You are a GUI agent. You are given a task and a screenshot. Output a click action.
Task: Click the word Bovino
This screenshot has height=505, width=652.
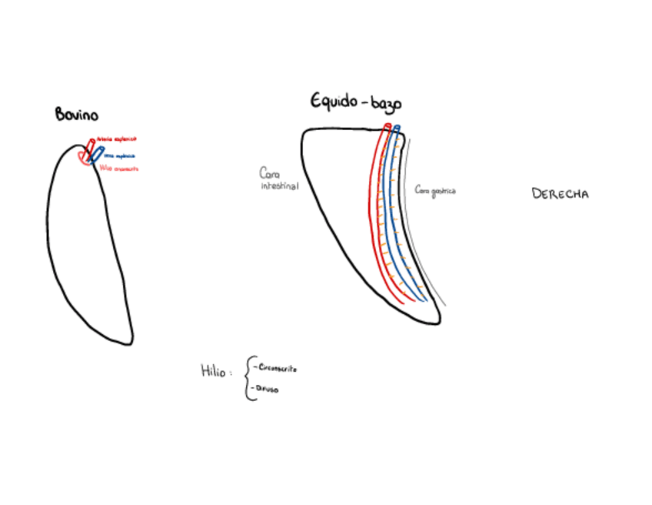[76, 115]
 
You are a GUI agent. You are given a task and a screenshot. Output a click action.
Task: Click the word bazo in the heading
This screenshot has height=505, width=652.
[386, 104]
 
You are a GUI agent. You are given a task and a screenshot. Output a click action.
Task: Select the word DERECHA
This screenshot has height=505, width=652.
[560, 193]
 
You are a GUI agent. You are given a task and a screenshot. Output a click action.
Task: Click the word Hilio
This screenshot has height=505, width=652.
[213, 371]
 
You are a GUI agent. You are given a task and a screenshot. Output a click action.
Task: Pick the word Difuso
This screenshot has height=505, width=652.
[268, 390]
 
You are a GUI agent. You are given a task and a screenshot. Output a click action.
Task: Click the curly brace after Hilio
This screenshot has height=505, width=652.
[248, 378]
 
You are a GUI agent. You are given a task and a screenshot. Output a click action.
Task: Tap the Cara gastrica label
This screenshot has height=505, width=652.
[434, 189]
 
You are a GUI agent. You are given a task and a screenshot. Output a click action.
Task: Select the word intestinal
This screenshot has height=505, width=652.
[279, 186]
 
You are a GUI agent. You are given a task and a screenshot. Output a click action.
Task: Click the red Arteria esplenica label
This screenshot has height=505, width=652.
[116, 139]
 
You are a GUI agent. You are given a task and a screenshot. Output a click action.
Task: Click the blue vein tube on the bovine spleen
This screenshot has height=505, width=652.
[96, 154]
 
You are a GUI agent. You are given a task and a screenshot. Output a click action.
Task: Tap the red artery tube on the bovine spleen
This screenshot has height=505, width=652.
[90, 146]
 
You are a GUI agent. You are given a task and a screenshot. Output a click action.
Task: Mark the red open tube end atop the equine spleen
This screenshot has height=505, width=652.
[388, 126]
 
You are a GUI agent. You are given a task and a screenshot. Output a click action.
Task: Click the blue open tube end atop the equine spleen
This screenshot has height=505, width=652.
[397, 128]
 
